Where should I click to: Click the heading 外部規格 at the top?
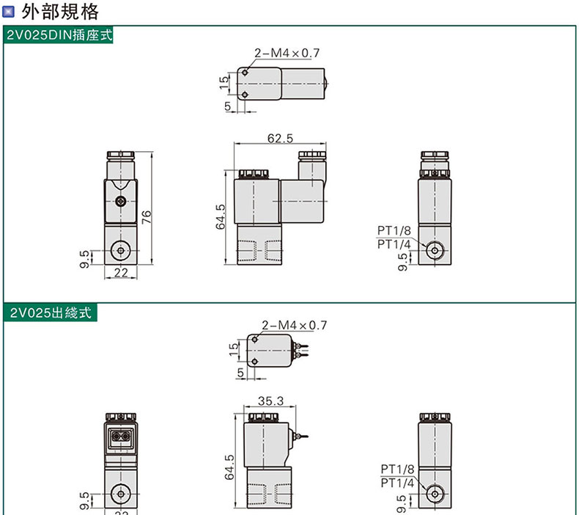pyautogui.click(x=60, y=12)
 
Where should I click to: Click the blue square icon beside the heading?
pyautogui.click(x=8, y=12)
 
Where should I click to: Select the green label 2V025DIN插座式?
pyautogui.click(x=59, y=34)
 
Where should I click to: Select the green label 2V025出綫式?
pyautogui.click(x=51, y=313)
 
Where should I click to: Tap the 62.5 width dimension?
pyautogui.click(x=280, y=139)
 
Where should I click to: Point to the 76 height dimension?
pyautogui.click(x=147, y=217)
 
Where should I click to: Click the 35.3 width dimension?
pyautogui.click(x=270, y=401)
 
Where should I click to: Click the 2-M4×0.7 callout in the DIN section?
pyautogui.click(x=287, y=54)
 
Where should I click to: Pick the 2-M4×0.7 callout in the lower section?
pyautogui.click(x=295, y=325)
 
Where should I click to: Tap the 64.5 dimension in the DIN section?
pyautogui.click(x=221, y=216)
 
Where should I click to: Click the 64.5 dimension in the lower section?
pyautogui.click(x=229, y=467)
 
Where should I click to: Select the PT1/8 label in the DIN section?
pyautogui.click(x=394, y=230)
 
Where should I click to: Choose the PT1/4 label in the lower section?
pyautogui.click(x=397, y=483)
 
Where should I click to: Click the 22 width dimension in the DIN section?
pyautogui.click(x=121, y=272)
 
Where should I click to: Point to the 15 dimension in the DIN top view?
pyautogui.click(x=224, y=82)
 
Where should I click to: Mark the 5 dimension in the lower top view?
pyautogui.click(x=240, y=372)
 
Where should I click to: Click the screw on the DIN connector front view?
pyautogui.click(x=120, y=202)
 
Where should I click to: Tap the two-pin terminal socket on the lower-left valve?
pyautogui.click(x=121, y=437)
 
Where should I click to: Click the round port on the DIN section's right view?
pyautogui.click(x=435, y=251)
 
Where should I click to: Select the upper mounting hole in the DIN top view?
pyautogui.click(x=245, y=73)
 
